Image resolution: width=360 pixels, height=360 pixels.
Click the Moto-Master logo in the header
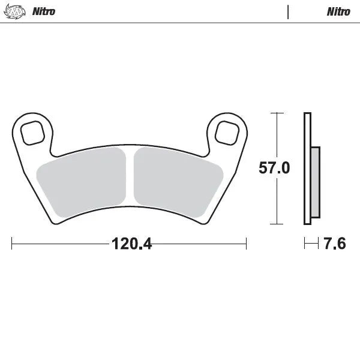pyautogui.click(x=19, y=11)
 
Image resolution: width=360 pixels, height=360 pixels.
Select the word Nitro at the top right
pyautogui.click(x=338, y=11)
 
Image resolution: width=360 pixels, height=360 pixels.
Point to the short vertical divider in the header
pyautogui.click(x=289, y=11)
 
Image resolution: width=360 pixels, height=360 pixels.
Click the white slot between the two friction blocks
pyautogui.click(x=130, y=180)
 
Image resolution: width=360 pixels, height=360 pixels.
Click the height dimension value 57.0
pyautogui.click(x=274, y=169)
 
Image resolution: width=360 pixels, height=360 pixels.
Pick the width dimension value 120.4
pyautogui.click(x=129, y=244)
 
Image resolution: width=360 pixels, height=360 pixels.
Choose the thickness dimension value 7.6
pyautogui.click(x=334, y=244)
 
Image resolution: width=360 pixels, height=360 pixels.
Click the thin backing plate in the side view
pyautogui.click(x=307, y=169)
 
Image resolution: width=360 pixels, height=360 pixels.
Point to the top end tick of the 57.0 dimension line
pyautogui.click(x=276, y=113)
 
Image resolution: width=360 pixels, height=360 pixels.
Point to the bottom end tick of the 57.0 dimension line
pyautogui.click(x=276, y=224)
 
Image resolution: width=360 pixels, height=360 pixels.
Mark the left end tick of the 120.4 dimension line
pyautogui.click(x=13, y=244)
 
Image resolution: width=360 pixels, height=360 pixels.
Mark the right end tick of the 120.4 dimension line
pyautogui.click(x=246, y=244)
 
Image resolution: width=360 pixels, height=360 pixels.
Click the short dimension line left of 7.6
pyautogui.click(x=311, y=244)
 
